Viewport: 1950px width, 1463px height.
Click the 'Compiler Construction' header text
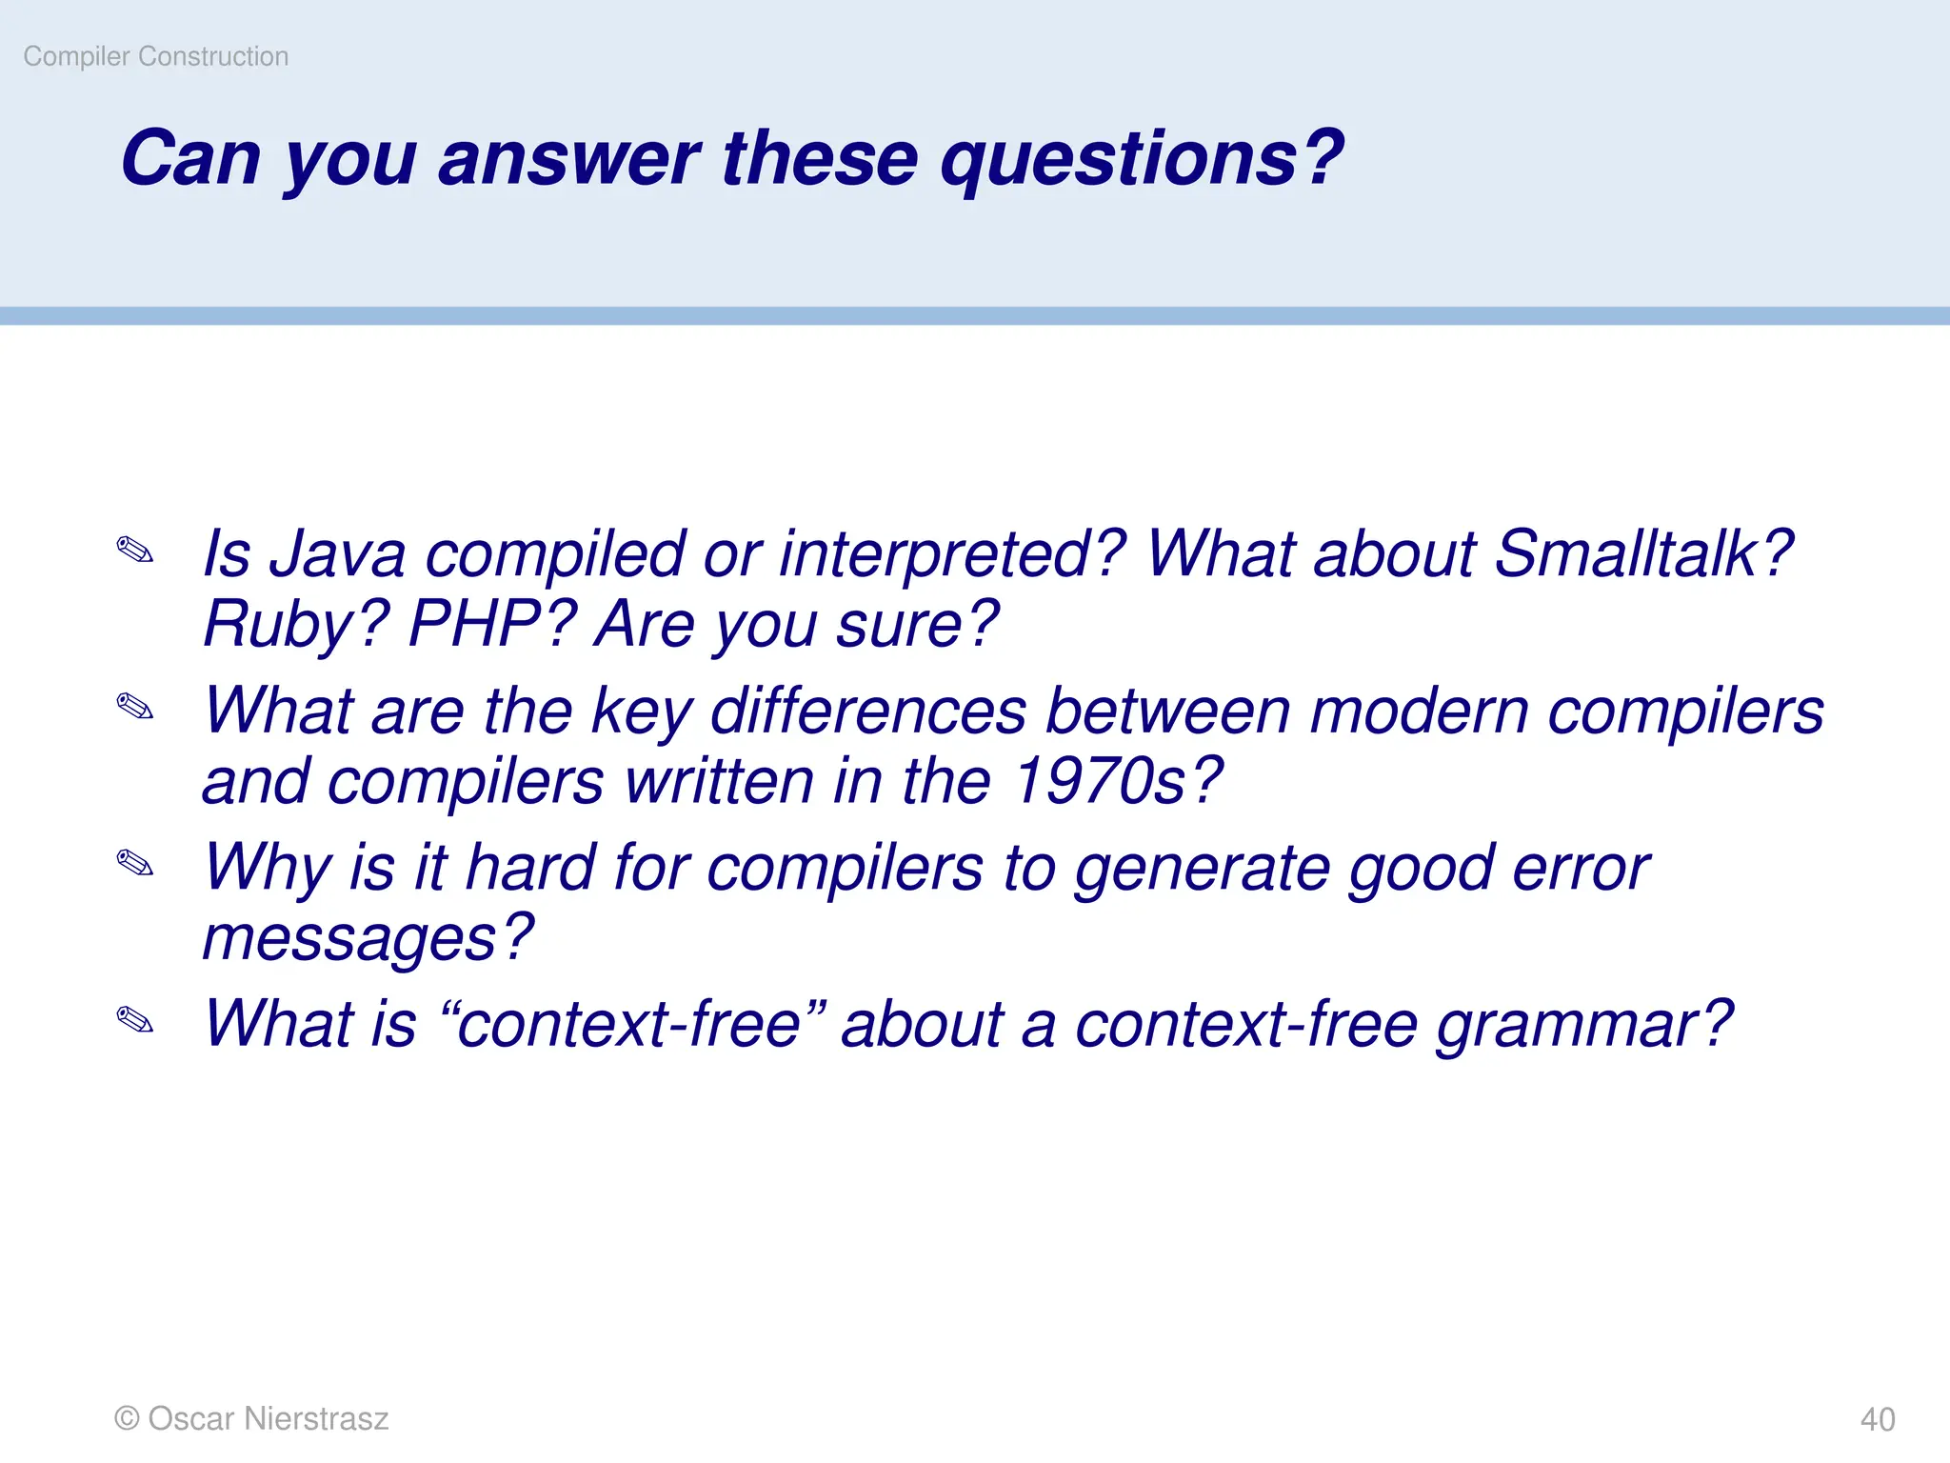pos(155,56)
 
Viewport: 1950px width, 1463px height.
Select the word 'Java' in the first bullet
pos(337,554)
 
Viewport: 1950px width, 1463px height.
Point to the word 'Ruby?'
pos(296,625)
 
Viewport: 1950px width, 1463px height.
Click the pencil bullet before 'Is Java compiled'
pos(135,551)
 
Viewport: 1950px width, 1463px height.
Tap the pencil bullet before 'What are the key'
pos(135,707)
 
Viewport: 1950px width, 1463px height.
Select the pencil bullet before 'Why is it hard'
pos(135,864)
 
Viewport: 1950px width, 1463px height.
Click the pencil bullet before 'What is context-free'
pos(135,1020)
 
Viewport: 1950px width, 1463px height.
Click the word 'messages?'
pos(368,939)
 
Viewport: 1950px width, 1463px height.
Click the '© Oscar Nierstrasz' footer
pos(251,1418)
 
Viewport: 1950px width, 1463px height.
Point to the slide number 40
pos(1877,1419)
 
